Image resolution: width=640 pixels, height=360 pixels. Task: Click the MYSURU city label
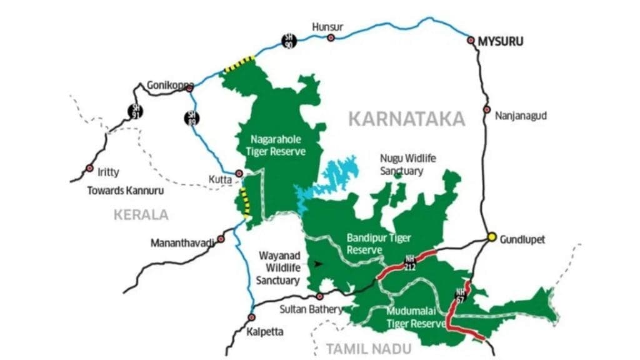[500, 42]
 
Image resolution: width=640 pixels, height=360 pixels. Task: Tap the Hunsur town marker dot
[331, 37]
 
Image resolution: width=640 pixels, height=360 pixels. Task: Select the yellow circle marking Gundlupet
[492, 237]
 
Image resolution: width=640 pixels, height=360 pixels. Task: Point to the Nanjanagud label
[519, 116]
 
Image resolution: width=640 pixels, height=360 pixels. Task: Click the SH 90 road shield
[289, 41]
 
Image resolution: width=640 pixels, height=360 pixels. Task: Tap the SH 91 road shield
[134, 111]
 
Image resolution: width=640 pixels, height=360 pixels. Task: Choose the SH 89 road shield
[192, 117]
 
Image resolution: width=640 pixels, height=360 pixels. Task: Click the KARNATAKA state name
[406, 119]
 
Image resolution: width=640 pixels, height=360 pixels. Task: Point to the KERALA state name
[141, 215]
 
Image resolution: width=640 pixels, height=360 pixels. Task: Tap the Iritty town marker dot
[90, 169]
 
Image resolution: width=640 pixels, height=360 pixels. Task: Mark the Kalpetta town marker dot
[251, 317]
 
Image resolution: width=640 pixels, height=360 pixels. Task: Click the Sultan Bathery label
[311, 309]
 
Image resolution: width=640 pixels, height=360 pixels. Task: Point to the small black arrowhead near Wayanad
[318, 264]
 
